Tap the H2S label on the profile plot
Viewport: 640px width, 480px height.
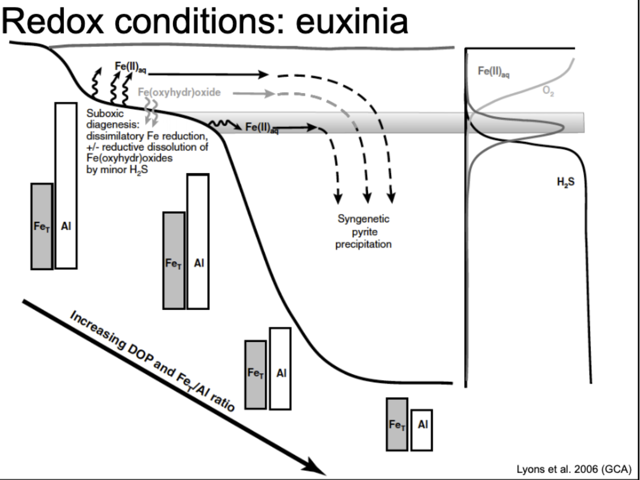pyautogui.click(x=566, y=182)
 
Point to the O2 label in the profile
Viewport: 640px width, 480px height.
pyautogui.click(x=548, y=91)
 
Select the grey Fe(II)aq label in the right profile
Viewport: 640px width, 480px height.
pyautogui.click(x=494, y=71)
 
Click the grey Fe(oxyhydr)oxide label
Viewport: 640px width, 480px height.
pyautogui.click(x=179, y=93)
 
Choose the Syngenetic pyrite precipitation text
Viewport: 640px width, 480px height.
pyautogui.click(x=363, y=232)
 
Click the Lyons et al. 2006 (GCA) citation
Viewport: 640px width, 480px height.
pyautogui.click(x=574, y=469)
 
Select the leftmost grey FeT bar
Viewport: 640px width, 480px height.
pyautogui.click(x=42, y=226)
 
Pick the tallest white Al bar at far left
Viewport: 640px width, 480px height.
pyautogui.click(x=66, y=185)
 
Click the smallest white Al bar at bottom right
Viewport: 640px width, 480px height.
pyautogui.click(x=422, y=430)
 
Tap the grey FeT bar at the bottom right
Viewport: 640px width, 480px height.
pyautogui.click(x=397, y=424)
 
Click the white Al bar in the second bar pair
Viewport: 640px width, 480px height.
pyautogui.click(x=198, y=241)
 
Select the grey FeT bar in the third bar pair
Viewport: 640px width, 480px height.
pyautogui.click(x=256, y=375)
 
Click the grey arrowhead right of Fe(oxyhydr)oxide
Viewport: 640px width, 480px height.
pyautogui.click(x=270, y=94)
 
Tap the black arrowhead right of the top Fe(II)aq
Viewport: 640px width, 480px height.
pyautogui.click(x=263, y=74)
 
